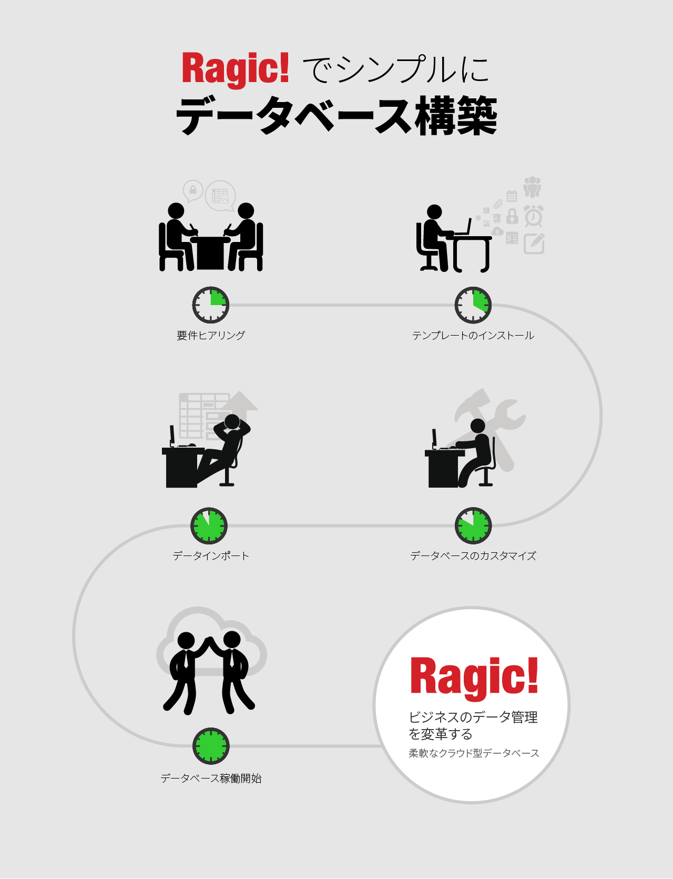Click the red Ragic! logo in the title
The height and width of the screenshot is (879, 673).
click(x=235, y=68)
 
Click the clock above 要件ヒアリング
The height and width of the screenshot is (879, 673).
click(x=210, y=305)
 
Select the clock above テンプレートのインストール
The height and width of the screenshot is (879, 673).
click(x=473, y=305)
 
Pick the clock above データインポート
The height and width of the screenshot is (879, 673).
click(x=209, y=526)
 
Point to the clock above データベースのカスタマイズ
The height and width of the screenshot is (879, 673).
click(x=473, y=526)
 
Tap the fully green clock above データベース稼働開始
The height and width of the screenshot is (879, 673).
click(x=211, y=746)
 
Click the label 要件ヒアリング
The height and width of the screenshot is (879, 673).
click(x=211, y=336)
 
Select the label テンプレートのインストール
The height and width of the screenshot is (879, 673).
click(x=473, y=336)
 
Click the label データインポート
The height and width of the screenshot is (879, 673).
click(x=211, y=556)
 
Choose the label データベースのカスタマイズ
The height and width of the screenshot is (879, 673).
click(x=473, y=556)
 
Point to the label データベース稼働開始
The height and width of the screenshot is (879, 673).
click(x=211, y=779)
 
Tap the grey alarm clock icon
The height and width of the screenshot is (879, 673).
click(x=534, y=216)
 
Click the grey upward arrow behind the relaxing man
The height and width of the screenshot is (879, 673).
click(x=242, y=402)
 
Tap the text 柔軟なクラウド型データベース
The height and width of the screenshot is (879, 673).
click(x=474, y=753)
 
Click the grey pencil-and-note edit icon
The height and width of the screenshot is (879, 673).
click(x=534, y=244)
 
